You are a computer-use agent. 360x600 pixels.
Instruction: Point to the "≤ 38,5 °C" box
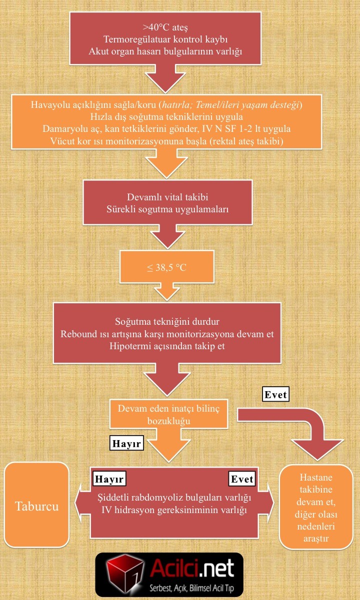coord(166,267)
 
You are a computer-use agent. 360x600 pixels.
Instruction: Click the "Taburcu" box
coord(36,506)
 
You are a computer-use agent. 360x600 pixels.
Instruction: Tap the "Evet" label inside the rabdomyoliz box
coord(242,479)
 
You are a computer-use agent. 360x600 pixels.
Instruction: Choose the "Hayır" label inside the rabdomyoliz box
coord(109,479)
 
